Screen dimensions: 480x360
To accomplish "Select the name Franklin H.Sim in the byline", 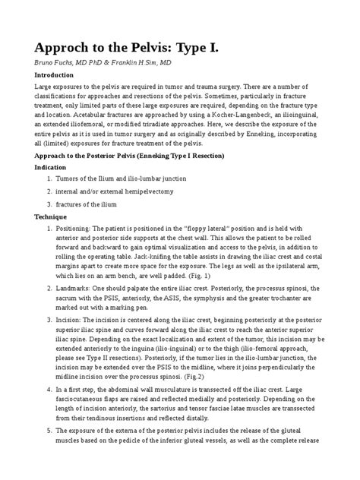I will pos(140,62).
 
